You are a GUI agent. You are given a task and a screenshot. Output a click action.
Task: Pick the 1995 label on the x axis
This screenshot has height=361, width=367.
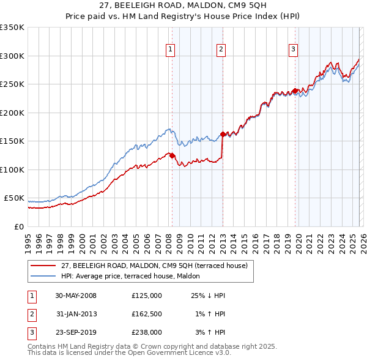point(28,239)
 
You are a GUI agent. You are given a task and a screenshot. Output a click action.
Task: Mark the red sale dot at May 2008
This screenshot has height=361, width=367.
point(172,155)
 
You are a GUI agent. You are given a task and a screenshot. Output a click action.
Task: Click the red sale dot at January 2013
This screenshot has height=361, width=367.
point(223,134)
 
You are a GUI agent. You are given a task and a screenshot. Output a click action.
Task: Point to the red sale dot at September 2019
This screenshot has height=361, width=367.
point(295,91)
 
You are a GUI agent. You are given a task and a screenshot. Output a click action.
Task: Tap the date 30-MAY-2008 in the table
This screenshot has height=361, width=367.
point(76,296)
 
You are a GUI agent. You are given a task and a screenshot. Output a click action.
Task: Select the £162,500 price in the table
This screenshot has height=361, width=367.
point(147,314)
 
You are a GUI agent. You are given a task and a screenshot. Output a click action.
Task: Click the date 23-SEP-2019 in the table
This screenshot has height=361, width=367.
point(76,332)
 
